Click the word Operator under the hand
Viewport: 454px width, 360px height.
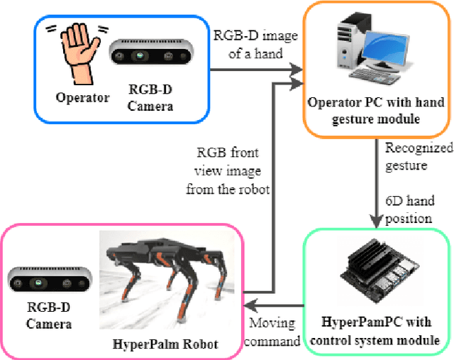(82, 97)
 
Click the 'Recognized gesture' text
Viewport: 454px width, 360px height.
(417, 156)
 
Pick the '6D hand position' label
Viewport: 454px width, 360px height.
(408, 210)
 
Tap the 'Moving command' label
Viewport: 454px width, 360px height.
(273, 332)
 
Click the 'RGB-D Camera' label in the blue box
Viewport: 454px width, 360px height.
(149, 97)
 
